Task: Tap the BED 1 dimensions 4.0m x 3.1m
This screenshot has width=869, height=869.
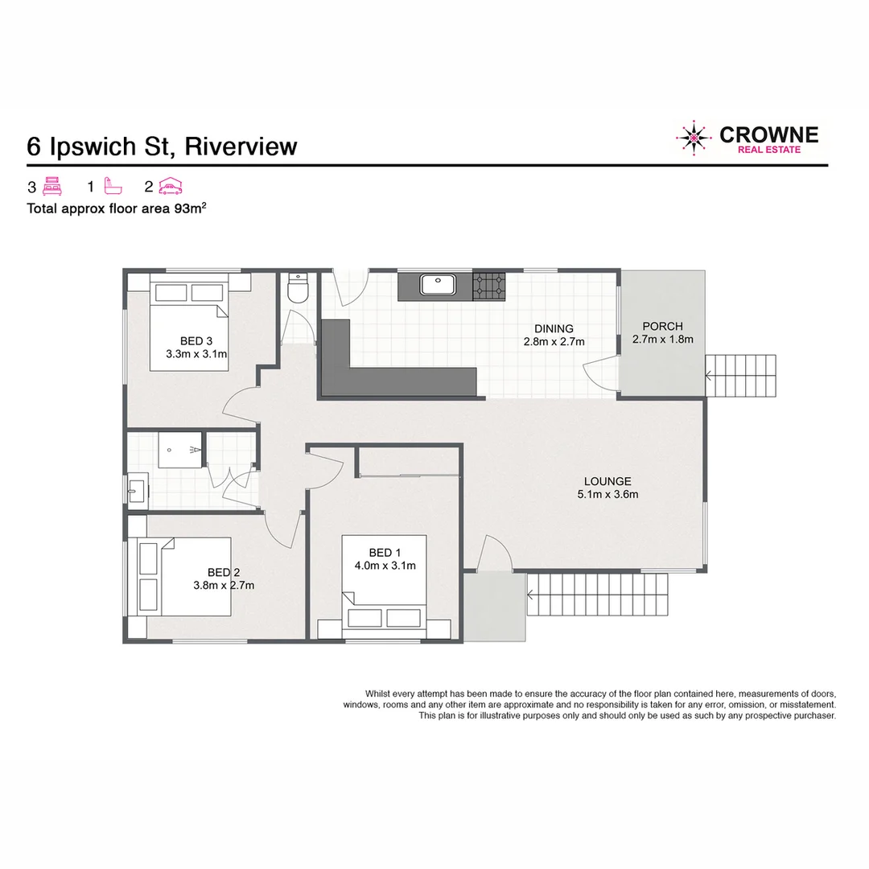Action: (385, 565)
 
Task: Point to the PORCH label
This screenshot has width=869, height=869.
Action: (662, 327)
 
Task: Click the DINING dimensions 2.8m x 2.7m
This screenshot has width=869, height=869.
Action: (554, 341)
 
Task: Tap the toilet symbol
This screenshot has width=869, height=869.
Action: (299, 289)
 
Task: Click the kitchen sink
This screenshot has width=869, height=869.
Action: (438, 285)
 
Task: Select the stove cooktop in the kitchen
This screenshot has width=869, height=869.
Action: (489, 286)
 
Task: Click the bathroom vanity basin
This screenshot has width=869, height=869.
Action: (135, 489)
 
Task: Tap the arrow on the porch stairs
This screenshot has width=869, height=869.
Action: (709, 374)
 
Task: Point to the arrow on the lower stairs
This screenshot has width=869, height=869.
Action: (532, 595)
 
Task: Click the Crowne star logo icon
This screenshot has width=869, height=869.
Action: (693, 138)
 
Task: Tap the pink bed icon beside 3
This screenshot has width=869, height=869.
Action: (51, 187)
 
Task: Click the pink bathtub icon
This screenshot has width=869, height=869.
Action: (112, 187)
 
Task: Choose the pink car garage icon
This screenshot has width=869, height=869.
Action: (171, 187)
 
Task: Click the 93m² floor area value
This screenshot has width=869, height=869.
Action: (190, 208)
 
